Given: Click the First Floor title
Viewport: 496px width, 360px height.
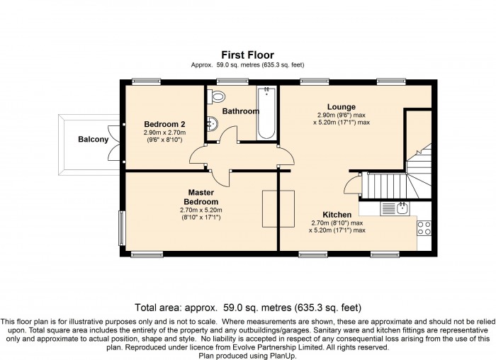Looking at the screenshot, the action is point(247,55).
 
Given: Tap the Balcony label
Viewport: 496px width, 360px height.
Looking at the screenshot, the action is point(94,140).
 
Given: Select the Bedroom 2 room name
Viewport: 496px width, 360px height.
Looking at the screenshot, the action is point(164,124).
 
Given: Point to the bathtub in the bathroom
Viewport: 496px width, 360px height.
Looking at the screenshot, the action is point(266,113).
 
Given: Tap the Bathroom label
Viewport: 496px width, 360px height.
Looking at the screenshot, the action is point(241,111).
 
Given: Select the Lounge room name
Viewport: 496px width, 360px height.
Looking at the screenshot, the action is point(342,107).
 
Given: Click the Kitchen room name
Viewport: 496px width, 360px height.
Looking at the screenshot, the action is point(337,215).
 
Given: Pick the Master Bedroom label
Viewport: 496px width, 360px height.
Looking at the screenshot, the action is point(201,197).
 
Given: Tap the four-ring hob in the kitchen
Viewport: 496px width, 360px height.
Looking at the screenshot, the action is point(424,227).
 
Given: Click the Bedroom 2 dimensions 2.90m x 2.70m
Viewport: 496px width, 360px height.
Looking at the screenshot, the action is point(164,133).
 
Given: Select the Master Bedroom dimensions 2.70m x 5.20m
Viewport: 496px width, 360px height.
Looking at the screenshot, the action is point(201,210).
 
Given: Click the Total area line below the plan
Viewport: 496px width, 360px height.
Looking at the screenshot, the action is point(248,308).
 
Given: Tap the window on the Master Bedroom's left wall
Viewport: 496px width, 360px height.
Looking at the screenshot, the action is point(122,227).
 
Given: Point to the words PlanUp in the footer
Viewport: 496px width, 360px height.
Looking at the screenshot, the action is point(282,356).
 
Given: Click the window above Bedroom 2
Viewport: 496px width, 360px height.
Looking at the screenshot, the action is point(146,81).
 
